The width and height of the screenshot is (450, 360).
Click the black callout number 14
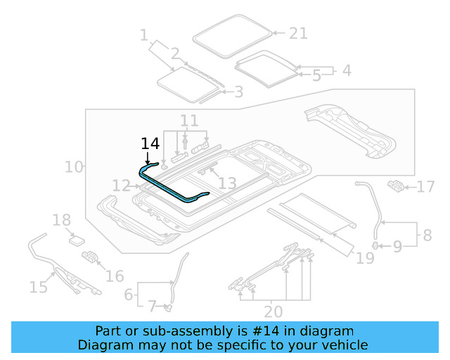150,143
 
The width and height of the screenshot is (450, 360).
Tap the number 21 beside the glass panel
298,33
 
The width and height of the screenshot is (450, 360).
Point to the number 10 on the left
73,167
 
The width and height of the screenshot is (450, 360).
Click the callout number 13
227,184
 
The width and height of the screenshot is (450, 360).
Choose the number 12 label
121,186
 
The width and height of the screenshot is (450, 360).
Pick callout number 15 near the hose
38,286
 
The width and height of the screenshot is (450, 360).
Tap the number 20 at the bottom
274,311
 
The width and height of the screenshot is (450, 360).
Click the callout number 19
364,259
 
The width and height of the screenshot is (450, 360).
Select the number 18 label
62,220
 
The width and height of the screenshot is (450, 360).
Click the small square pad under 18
76,240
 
